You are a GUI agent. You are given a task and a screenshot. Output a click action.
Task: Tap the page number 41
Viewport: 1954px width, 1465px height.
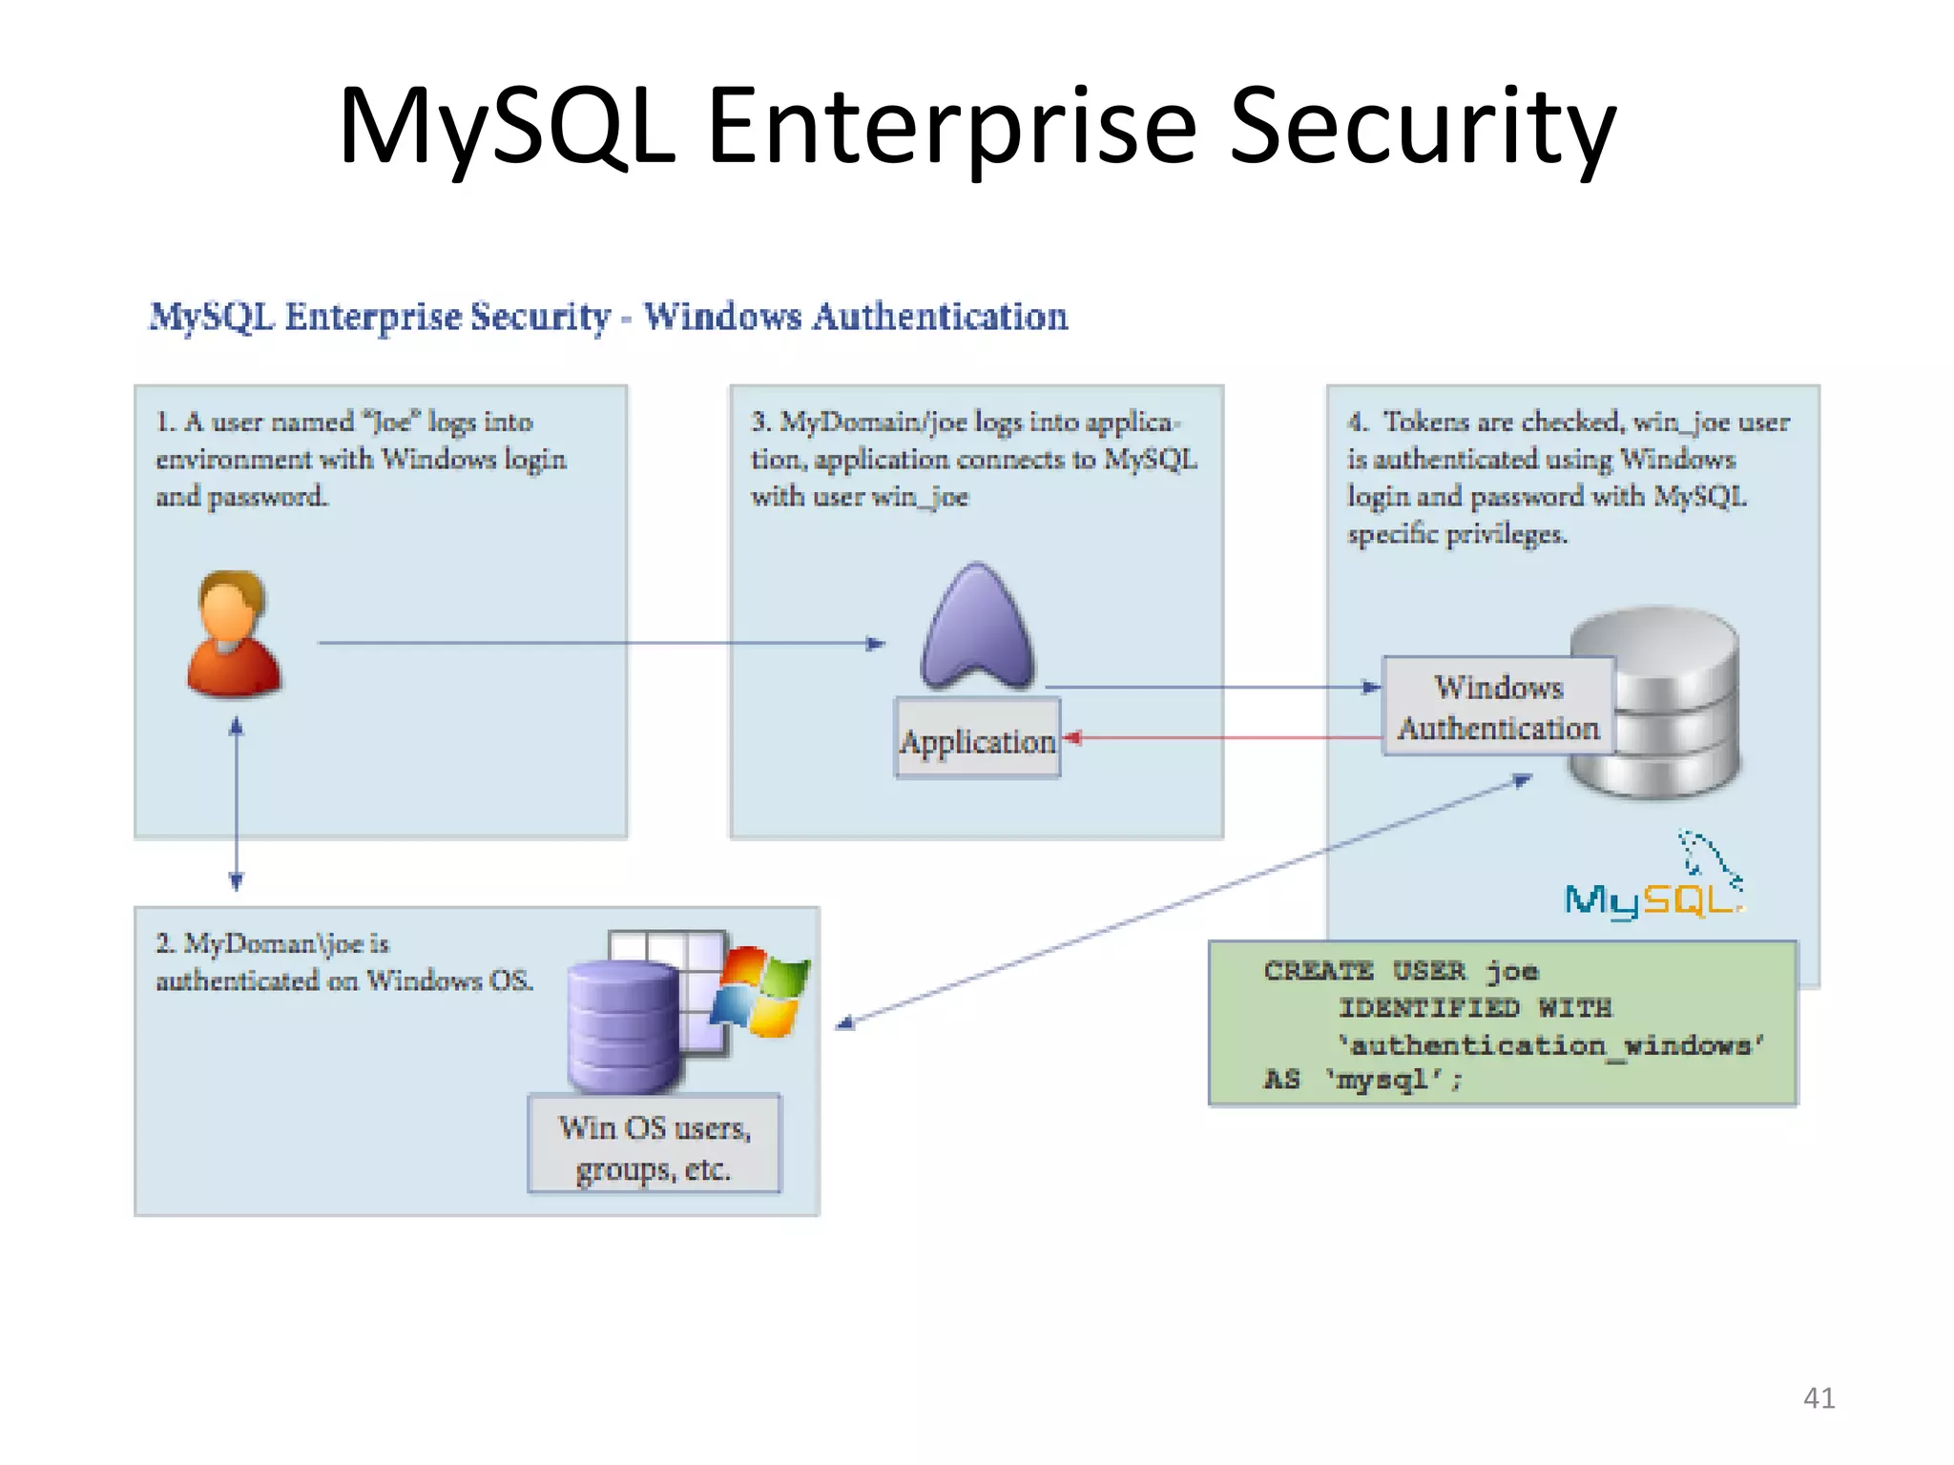[x=1819, y=1397]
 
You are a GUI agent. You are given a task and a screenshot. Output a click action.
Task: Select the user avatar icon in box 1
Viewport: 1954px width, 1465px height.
[x=233, y=634]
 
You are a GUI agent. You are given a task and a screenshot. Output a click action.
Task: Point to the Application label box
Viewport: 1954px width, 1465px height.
[x=977, y=740]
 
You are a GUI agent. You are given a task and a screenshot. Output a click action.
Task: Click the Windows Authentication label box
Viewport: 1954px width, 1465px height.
[x=1498, y=707]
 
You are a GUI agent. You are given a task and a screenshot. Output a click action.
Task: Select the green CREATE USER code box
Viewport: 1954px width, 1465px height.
[x=1503, y=1023]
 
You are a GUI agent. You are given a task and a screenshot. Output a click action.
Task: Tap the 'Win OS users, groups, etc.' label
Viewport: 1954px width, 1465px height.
[x=655, y=1146]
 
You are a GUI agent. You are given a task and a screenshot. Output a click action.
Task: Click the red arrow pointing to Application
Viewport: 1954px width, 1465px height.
[x=1221, y=737]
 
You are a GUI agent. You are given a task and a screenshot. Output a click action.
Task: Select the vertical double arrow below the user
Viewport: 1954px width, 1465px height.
[x=237, y=806]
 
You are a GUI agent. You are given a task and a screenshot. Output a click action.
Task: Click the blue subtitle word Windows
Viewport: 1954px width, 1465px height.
[x=722, y=317]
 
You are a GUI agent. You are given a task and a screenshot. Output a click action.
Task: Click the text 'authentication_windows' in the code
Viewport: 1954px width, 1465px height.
[x=1550, y=1045]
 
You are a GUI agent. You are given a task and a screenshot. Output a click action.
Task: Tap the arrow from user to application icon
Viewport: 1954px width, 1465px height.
[x=601, y=643]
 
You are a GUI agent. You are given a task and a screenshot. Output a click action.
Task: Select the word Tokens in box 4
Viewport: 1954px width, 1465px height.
[x=1425, y=422]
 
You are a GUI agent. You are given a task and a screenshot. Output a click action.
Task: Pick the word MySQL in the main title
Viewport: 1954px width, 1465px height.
[x=506, y=127]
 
